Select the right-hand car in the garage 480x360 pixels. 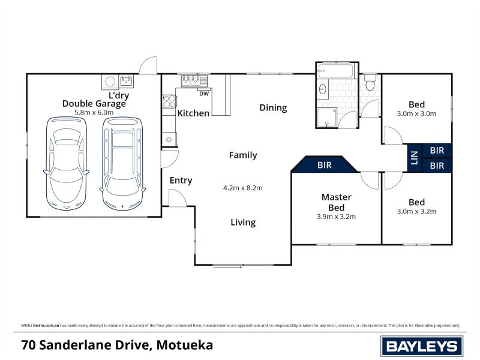click(122, 162)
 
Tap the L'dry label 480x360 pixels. click(118, 95)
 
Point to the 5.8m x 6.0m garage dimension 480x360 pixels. click(94, 112)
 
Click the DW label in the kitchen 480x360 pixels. click(203, 93)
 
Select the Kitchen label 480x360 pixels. click(193, 113)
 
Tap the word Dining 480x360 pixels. click(273, 108)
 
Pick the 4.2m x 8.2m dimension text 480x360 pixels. click(243, 188)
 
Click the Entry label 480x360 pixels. click(181, 181)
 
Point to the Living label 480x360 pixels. click(243, 222)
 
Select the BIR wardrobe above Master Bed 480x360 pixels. click(324, 164)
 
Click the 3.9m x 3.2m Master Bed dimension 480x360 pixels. click(336, 217)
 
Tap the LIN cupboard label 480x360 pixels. click(413, 158)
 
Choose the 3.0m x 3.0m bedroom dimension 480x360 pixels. click(416, 113)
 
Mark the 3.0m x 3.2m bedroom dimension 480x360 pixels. click(416, 211)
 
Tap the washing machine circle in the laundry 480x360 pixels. click(110, 81)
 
